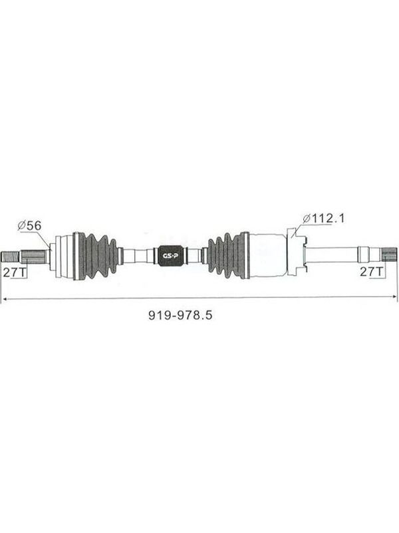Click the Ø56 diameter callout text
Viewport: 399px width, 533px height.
point(29,225)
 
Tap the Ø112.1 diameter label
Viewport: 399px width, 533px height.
point(323,218)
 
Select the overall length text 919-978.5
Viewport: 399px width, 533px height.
point(180,315)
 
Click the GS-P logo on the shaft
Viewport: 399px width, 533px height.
point(170,255)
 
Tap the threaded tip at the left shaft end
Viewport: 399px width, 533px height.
point(10,256)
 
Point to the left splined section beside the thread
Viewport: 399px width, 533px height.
point(34,256)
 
